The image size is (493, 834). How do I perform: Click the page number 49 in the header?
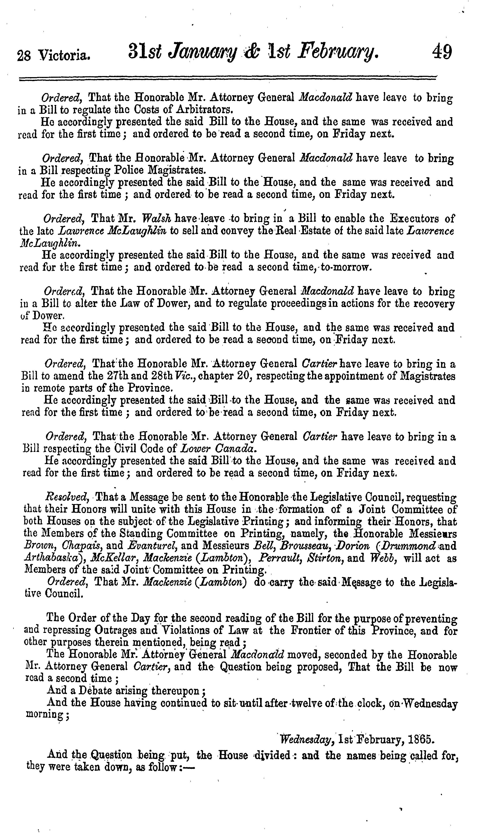click(442, 52)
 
